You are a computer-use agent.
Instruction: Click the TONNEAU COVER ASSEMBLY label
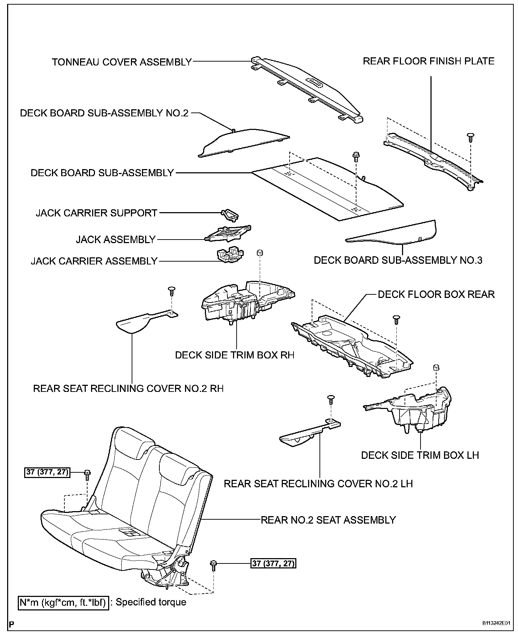pos(122,62)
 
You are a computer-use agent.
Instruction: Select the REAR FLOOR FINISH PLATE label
pos(428,61)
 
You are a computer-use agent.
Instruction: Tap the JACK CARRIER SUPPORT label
pos(96,213)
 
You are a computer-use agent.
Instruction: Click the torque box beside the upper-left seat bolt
pos(47,472)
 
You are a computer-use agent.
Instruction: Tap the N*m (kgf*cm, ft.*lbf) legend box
pos(63,603)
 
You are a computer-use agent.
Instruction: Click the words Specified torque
pos(151,602)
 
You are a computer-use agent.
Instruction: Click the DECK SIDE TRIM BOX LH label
pos(420,455)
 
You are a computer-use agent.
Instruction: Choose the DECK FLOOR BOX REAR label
pos(436,294)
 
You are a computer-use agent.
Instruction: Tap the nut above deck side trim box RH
pos(260,253)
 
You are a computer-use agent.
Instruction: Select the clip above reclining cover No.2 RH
pos(172,290)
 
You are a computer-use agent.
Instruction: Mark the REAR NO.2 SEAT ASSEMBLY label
pos(328,520)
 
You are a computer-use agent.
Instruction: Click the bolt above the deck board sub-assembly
pos(355,156)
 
